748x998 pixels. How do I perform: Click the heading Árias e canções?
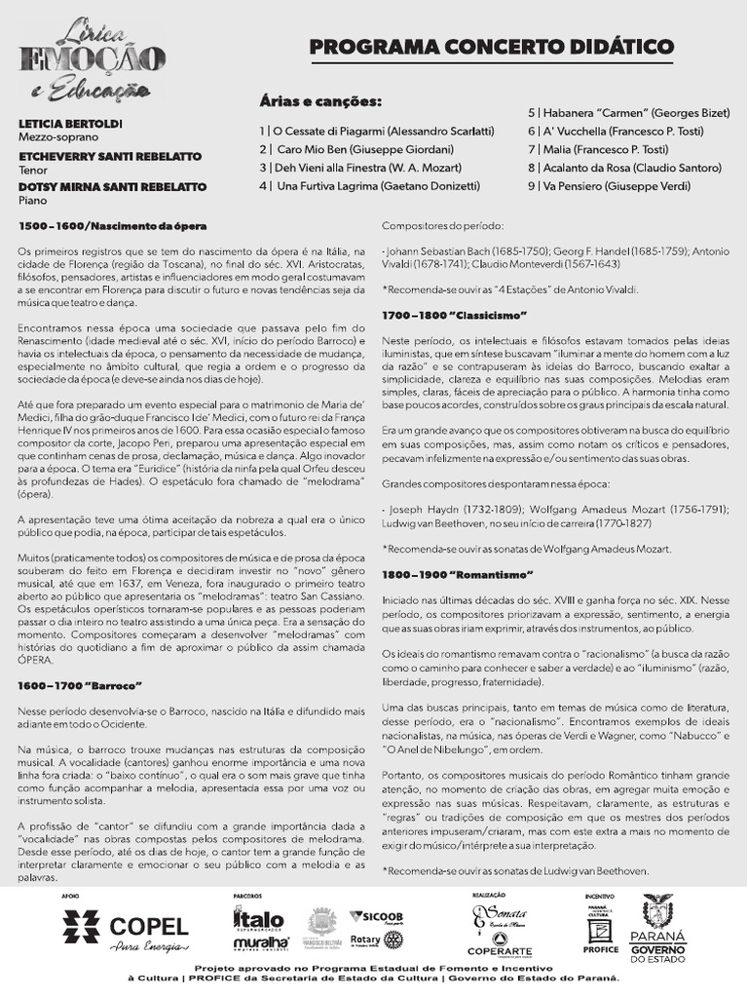[x=320, y=102]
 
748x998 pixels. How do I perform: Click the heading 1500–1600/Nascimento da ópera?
[x=113, y=226]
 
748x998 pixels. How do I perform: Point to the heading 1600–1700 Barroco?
[x=81, y=685]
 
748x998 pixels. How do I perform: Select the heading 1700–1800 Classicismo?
[x=454, y=315]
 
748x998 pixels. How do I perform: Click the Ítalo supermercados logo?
[x=259, y=920]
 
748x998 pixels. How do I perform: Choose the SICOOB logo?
[x=382, y=916]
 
